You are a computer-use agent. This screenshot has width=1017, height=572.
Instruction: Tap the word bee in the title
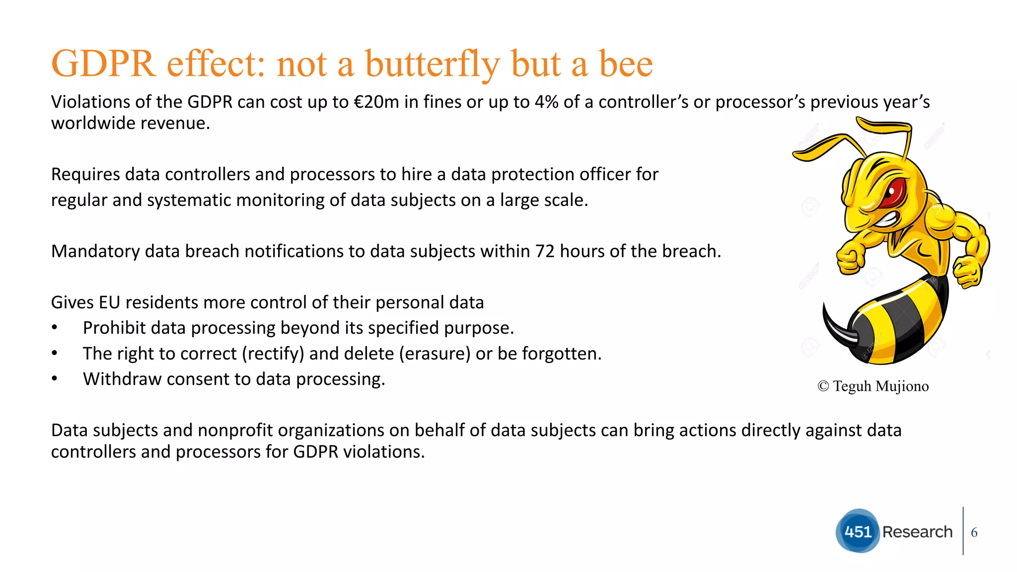(x=626, y=65)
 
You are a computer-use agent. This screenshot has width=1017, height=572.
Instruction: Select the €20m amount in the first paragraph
(x=376, y=102)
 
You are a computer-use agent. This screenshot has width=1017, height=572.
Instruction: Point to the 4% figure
(x=546, y=102)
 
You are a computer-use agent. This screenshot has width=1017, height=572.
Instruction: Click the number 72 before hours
(x=545, y=252)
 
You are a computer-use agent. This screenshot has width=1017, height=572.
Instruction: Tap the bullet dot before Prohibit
(x=55, y=328)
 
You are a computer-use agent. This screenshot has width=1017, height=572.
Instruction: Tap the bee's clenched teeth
(x=887, y=219)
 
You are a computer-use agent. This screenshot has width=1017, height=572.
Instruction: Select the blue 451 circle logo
(x=858, y=531)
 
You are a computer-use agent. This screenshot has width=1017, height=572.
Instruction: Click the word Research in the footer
(x=917, y=532)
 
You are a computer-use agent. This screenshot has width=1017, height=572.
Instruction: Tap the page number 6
(x=974, y=533)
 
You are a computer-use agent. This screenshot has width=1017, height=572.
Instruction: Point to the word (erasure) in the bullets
(x=437, y=354)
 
